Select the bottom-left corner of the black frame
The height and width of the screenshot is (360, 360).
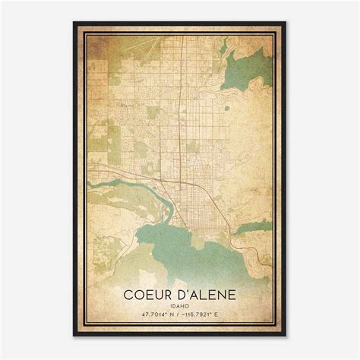click(74, 335)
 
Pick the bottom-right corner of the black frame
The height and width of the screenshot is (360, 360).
click(286, 335)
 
